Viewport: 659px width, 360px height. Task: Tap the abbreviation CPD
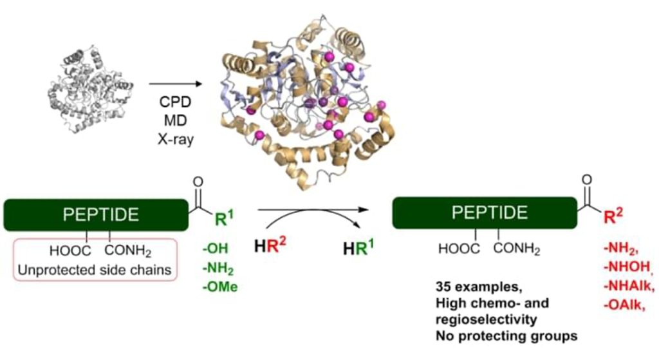175,102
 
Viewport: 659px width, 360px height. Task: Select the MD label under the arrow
175,120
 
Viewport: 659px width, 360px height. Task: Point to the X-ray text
176,139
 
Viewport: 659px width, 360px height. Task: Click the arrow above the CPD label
176,84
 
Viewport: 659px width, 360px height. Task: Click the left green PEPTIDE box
96,215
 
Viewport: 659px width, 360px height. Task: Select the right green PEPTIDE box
485,213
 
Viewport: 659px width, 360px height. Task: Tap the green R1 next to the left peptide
224,218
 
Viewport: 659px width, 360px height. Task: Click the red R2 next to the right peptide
613,216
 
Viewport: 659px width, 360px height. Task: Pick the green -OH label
215,249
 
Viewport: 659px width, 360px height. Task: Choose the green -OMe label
220,287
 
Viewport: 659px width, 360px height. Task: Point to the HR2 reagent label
270,245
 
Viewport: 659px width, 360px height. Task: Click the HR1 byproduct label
358,248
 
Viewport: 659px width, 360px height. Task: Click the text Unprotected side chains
95,270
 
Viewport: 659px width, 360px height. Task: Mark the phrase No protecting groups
506,336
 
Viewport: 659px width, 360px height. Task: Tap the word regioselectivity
487,319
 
